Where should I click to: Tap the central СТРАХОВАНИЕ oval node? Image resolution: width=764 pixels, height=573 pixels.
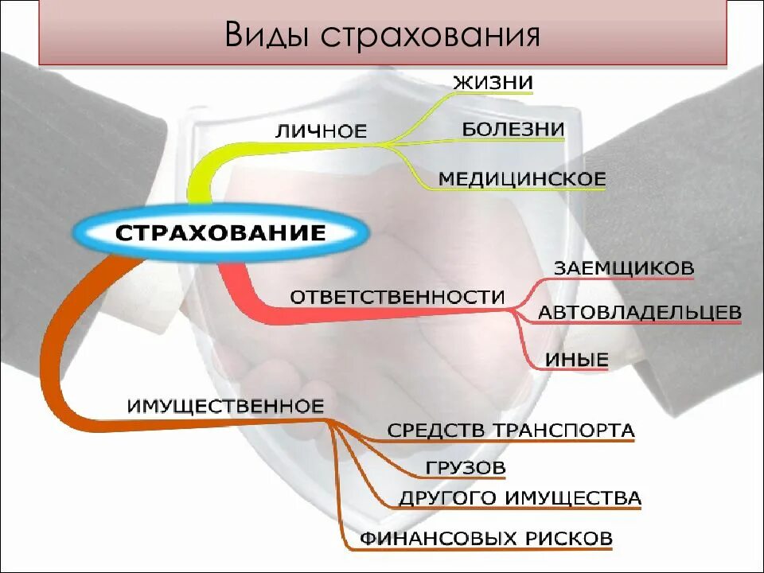[221, 233]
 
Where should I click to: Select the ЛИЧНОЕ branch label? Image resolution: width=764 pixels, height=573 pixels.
[321, 131]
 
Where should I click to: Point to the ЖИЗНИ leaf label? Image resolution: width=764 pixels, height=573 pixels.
[493, 83]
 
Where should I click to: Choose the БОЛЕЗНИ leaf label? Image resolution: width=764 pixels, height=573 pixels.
[513, 130]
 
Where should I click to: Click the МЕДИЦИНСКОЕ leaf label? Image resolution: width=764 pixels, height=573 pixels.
[522, 179]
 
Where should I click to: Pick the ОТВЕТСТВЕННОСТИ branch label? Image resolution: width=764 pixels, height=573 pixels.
[397, 297]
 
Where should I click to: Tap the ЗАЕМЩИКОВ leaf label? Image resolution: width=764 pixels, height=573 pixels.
[623, 268]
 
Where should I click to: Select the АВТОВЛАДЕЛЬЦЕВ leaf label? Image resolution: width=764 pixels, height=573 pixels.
[639, 313]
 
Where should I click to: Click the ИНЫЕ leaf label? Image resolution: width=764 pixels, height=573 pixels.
[577, 360]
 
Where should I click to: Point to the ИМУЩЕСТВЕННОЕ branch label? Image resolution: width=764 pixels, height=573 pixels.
[225, 406]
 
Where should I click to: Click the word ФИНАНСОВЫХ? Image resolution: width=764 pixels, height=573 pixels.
[439, 538]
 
